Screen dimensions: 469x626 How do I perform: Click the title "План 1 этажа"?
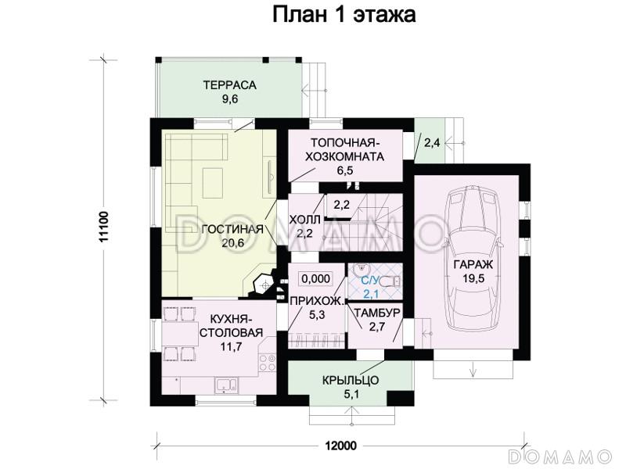[x=344, y=15]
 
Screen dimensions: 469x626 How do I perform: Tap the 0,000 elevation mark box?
[x=315, y=277]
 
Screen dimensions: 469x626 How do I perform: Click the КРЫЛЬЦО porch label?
[x=351, y=380]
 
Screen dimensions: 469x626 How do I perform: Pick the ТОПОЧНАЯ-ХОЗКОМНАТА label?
[x=345, y=149]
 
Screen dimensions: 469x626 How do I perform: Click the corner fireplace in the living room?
[x=264, y=283]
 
